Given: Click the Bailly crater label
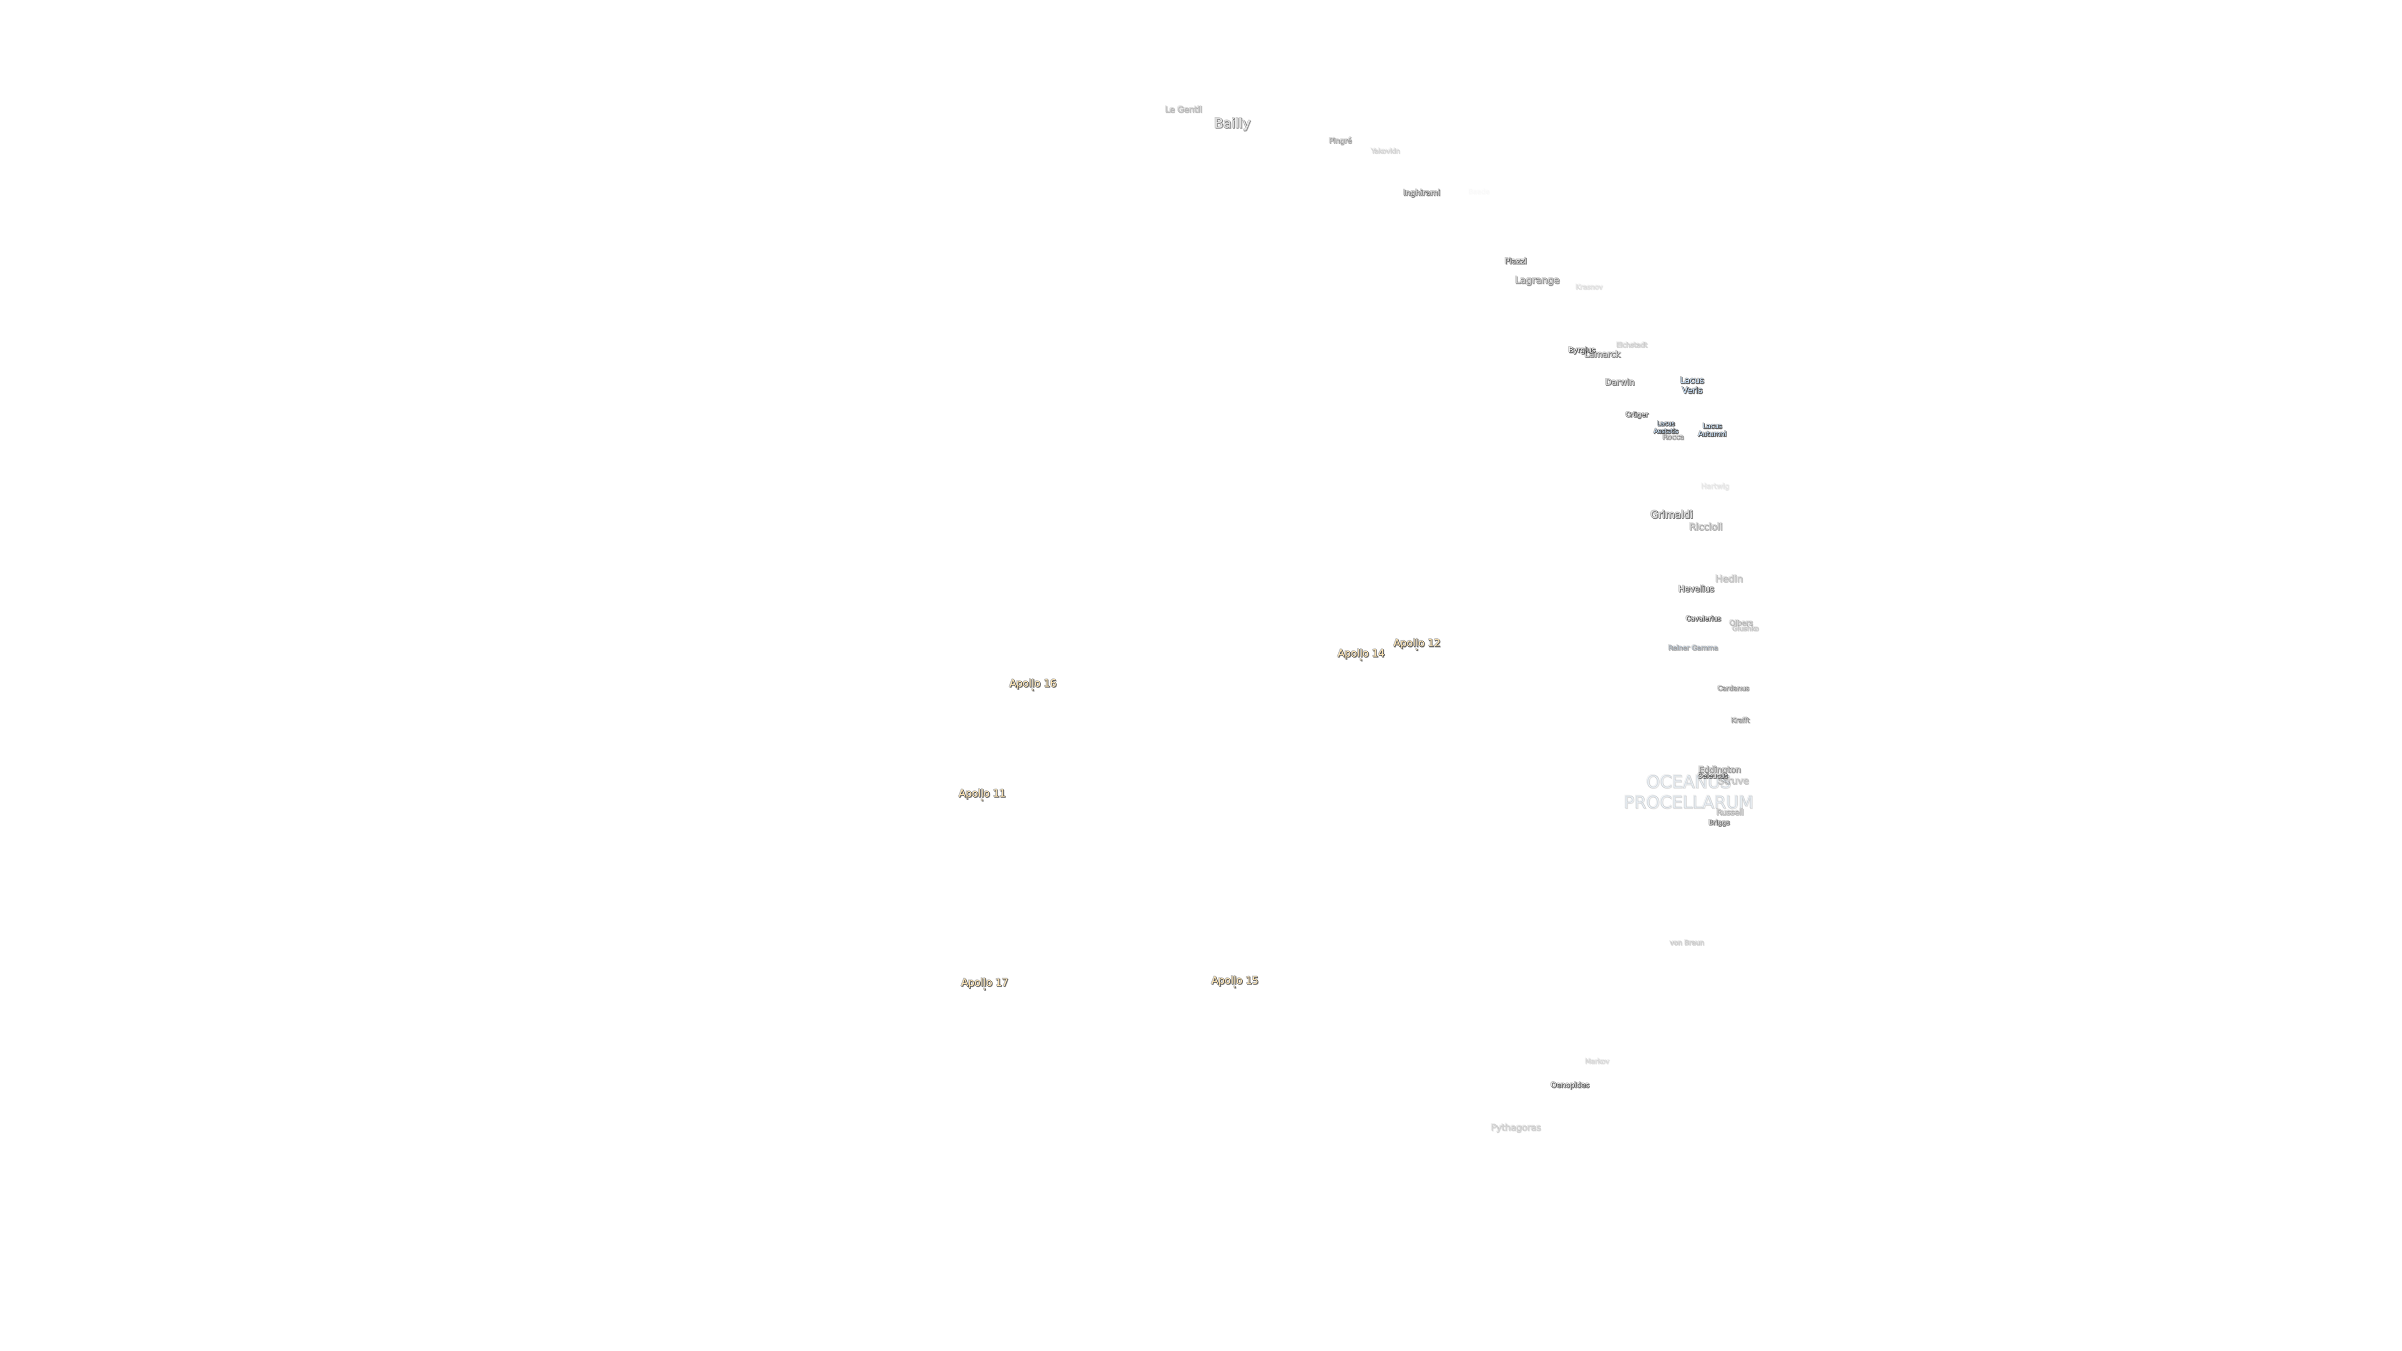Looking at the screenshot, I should (x=1232, y=123).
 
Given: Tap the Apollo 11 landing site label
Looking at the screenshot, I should (x=982, y=794).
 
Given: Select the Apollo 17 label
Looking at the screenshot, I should (x=985, y=982).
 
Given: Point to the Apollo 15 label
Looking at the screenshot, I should (x=1234, y=980).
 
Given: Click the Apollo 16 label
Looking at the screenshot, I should (x=1032, y=683).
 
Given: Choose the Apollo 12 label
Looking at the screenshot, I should (x=1417, y=643).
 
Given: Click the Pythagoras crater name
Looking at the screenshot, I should (x=1515, y=1127).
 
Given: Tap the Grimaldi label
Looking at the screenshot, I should (x=1671, y=515).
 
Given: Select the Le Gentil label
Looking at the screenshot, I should (x=1183, y=109).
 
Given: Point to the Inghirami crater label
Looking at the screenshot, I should (x=1421, y=193).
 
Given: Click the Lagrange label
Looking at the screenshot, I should (x=1537, y=280).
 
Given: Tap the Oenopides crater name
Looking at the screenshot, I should (x=1569, y=1085).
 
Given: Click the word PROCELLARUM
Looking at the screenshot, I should (x=1688, y=802).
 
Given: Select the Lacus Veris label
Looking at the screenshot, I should (x=1691, y=385).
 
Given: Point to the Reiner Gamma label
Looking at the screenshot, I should (x=1692, y=648).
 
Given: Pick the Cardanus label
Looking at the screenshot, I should (x=1733, y=688).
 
